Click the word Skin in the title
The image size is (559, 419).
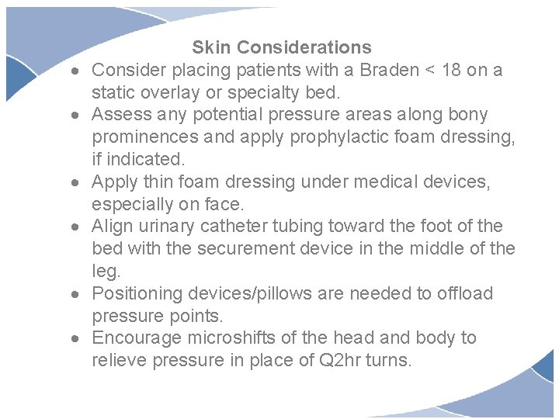pyautogui.click(x=211, y=48)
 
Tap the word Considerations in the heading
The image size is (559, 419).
pyautogui.click(x=304, y=48)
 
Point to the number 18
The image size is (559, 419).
pyautogui.click(x=451, y=71)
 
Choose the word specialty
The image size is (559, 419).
pyautogui.click(x=259, y=93)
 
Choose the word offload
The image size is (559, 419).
pyautogui.click(x=464, y=294)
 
